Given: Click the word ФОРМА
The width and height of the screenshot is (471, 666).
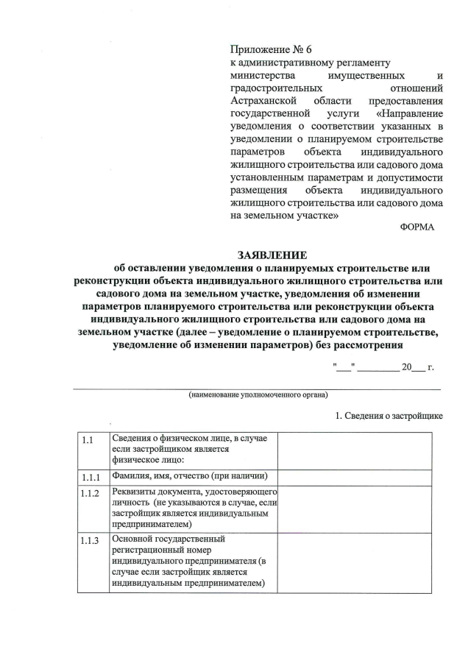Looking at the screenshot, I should (x=417, y=227).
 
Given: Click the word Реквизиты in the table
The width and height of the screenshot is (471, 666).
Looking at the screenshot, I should (x=134, y=491).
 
